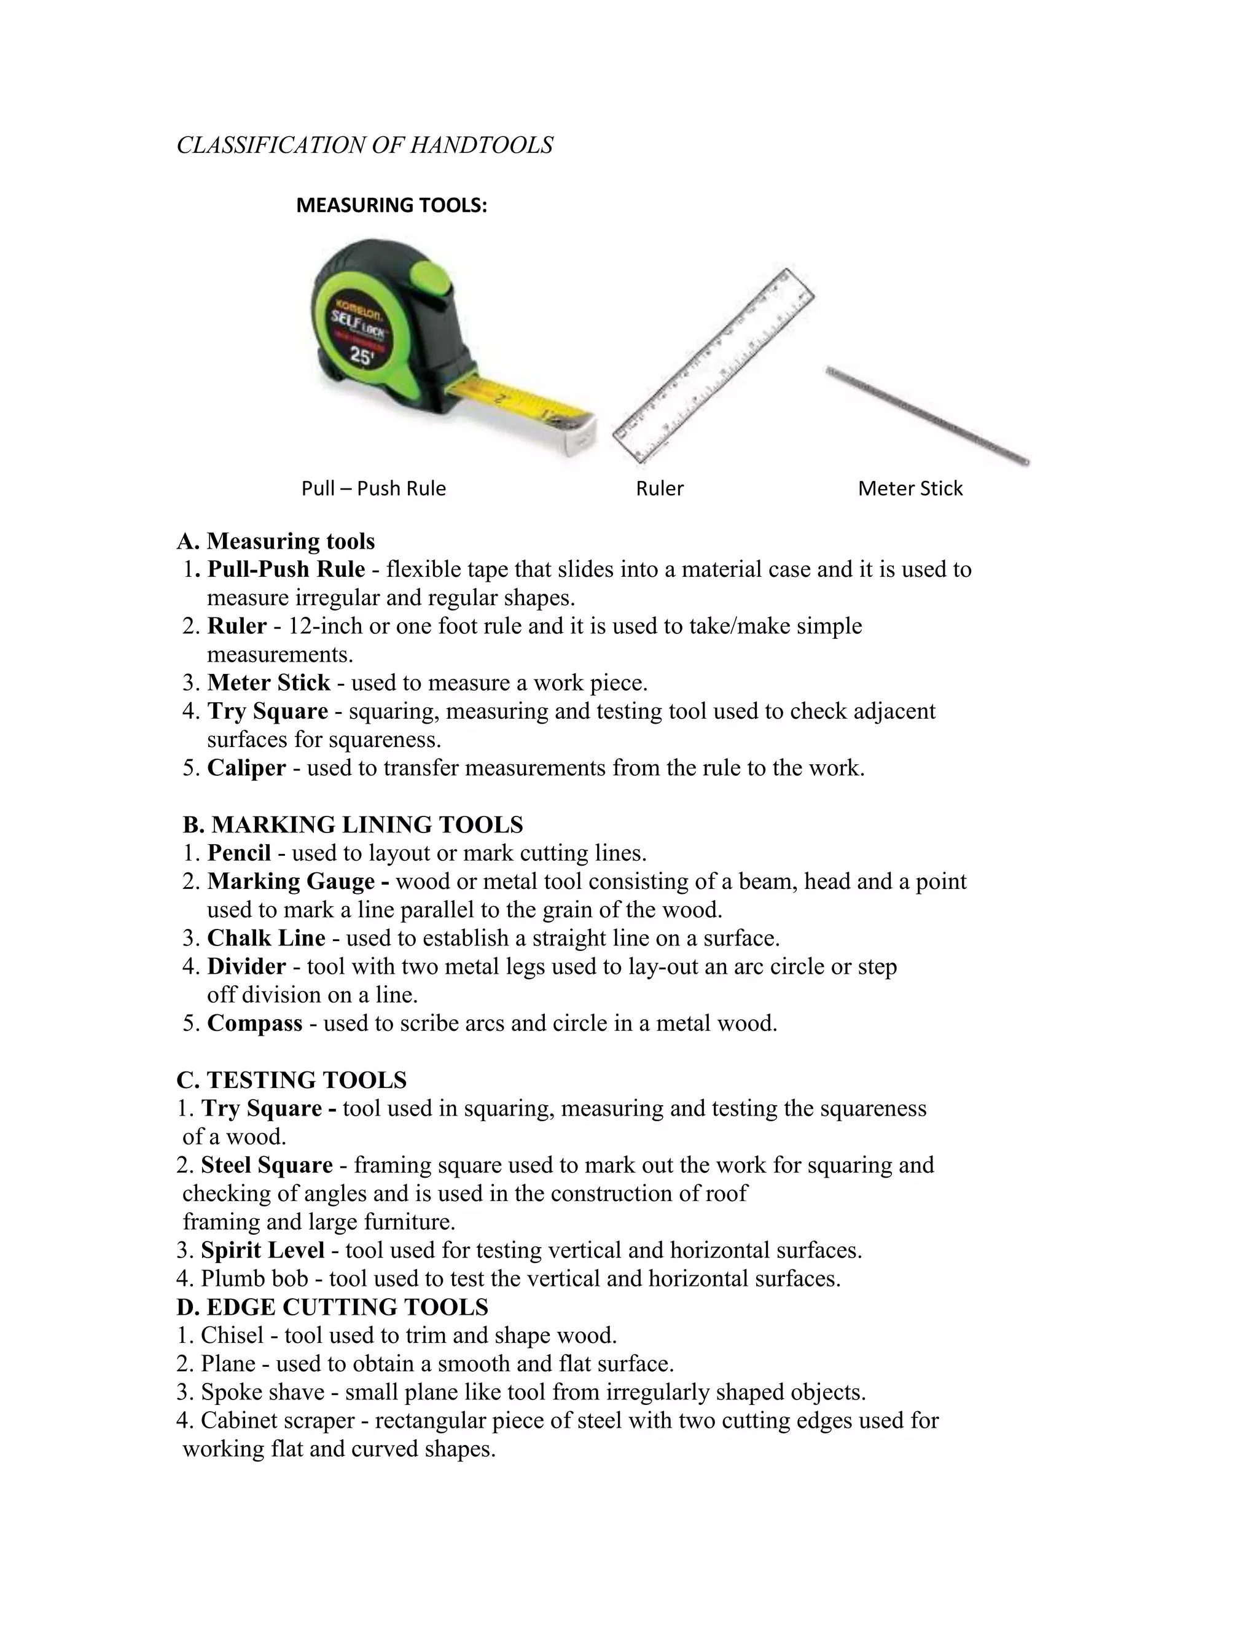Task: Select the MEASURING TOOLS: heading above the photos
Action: (x=391, y=205)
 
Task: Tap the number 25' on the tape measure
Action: (x=361, y=357)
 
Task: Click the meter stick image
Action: (x=926, y=415)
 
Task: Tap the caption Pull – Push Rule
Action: (x=373, y=488)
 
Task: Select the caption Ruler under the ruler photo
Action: (x=660, y=488)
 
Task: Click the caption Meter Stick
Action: (x=910, y=488)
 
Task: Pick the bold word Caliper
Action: (x=246, y=768)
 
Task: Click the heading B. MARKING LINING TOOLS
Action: (x=353, y=824)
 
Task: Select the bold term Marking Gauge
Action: (x=291, y=881)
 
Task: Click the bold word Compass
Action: (x=254, y=1023)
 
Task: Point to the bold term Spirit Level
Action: (x=262, y=1250)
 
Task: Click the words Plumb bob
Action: (x=254, y=1278)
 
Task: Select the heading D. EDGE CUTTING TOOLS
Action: (x=332, y=1307)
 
